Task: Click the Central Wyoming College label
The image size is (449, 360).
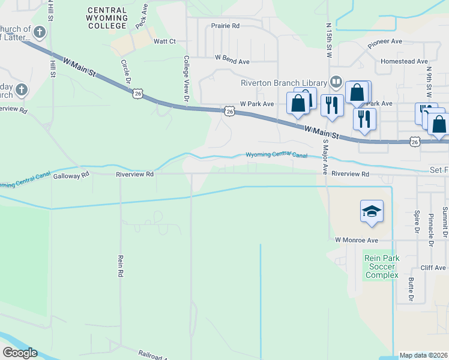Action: (x=107, y=18)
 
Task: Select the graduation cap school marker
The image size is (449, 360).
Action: (x=372, y=212)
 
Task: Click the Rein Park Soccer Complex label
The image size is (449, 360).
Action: (x=381, y=267)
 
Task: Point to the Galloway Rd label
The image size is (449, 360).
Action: (x=71, y=176)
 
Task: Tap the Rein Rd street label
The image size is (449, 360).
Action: (x=121, y=265)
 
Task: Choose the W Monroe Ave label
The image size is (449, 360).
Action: (x=357, y=240)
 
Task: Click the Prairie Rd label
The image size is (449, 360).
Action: (x=225, y=26)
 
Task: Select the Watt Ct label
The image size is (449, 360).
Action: (x=164, y=41)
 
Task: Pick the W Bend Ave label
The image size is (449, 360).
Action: (x=232, y=61)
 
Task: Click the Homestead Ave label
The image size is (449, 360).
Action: (x=404, y=61)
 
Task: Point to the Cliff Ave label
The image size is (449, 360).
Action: (x=433, y=268)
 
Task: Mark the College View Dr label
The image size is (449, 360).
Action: (x=187, y=78)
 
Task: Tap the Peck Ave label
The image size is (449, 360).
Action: (x=143, y=21)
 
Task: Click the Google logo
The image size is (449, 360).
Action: (x=20, y=353)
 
